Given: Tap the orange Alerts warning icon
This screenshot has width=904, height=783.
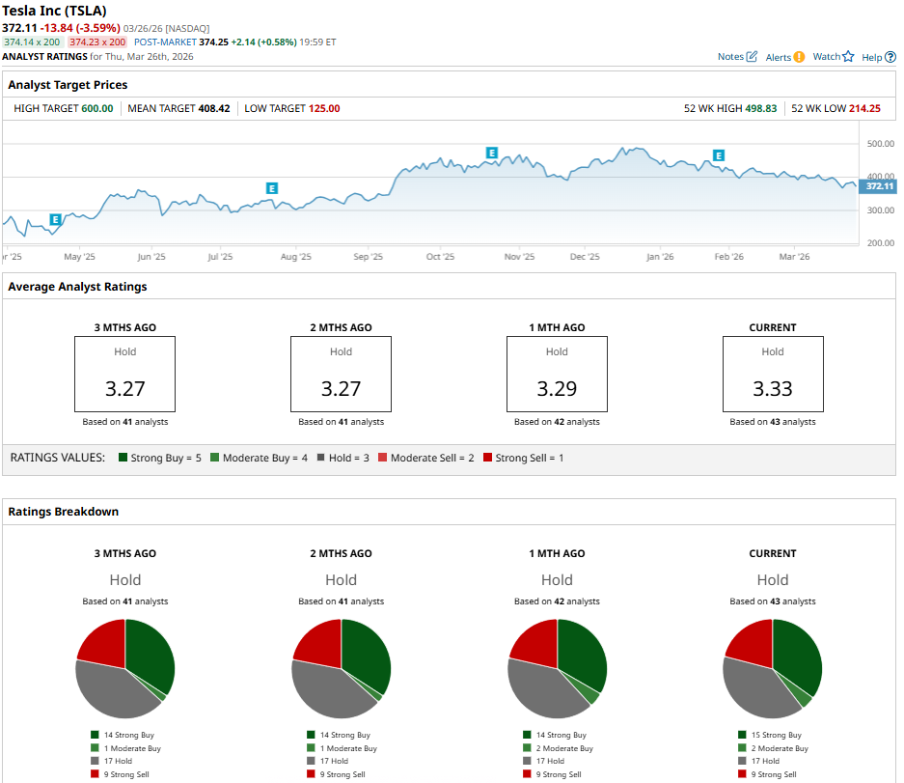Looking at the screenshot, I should point(799,57).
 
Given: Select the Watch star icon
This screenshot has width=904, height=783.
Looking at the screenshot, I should point(848,57).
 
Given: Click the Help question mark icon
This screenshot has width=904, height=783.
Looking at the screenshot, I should point(890,57).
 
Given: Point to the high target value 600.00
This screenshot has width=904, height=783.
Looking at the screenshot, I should point(96,108).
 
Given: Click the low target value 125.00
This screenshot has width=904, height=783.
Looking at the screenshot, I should point(324,108).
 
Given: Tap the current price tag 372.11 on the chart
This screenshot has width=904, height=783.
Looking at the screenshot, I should point(879,186).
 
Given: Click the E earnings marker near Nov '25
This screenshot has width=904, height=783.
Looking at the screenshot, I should point(492,153).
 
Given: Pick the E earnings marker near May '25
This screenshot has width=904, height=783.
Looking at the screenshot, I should point(55,220).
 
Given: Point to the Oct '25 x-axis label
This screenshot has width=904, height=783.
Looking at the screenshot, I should point(440,257).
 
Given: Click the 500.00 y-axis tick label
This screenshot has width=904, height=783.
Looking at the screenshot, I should point(880,144).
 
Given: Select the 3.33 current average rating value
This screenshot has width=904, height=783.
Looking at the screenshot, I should point(773,389).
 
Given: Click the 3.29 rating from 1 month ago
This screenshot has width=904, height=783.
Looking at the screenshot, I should point(557,389).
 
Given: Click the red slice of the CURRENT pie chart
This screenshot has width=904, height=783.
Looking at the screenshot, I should point(751,642).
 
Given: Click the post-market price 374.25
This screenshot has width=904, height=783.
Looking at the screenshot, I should point(213,42).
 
